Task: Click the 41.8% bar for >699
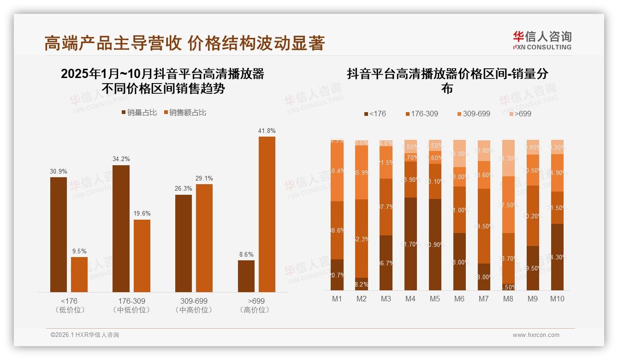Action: pos(267,214)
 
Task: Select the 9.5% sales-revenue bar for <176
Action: pos(79,275)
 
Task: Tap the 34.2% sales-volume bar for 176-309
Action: pos(121,228)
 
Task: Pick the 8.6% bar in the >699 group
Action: pos(246,276)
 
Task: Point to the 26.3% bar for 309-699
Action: pos(184,243)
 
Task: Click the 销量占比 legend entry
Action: pos(139,113)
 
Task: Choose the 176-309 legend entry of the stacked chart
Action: pos(422,114)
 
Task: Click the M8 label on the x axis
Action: pos(508,299)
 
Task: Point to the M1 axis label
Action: pos(337,299)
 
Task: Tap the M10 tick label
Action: pos(557,299)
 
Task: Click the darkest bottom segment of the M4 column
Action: pos(410,244)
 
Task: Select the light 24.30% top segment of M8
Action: pos(508,158)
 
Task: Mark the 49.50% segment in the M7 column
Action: pos(483,226)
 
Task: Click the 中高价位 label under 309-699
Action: pos(194,310)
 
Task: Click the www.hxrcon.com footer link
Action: pos(536,335)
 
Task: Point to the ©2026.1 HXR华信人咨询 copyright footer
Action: pos(85,335)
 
